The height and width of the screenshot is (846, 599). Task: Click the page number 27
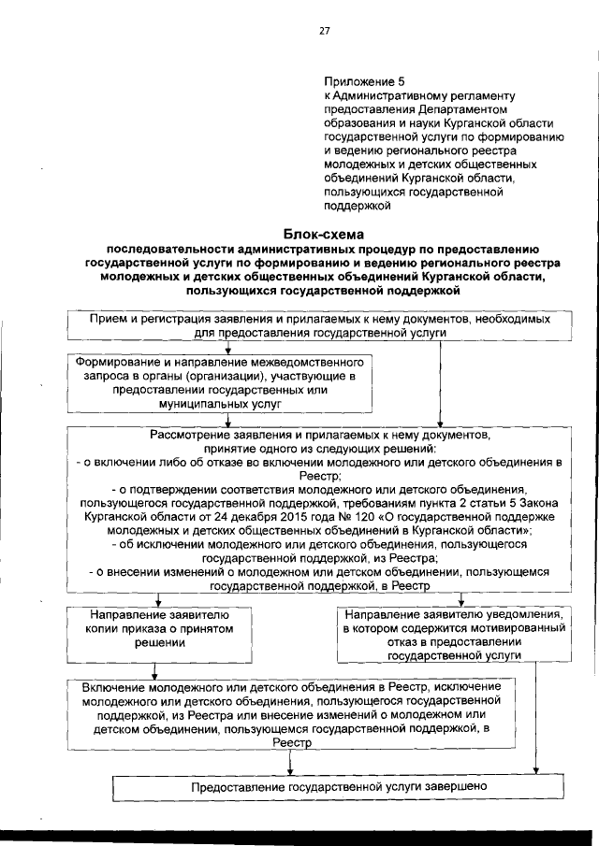point(325,31)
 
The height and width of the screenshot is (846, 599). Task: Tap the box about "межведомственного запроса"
point(219,382)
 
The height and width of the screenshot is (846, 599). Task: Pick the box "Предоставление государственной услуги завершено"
point(339,787)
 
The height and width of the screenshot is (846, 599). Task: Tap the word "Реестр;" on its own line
point(322,476)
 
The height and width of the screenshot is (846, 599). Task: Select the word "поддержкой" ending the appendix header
point(356,201)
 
